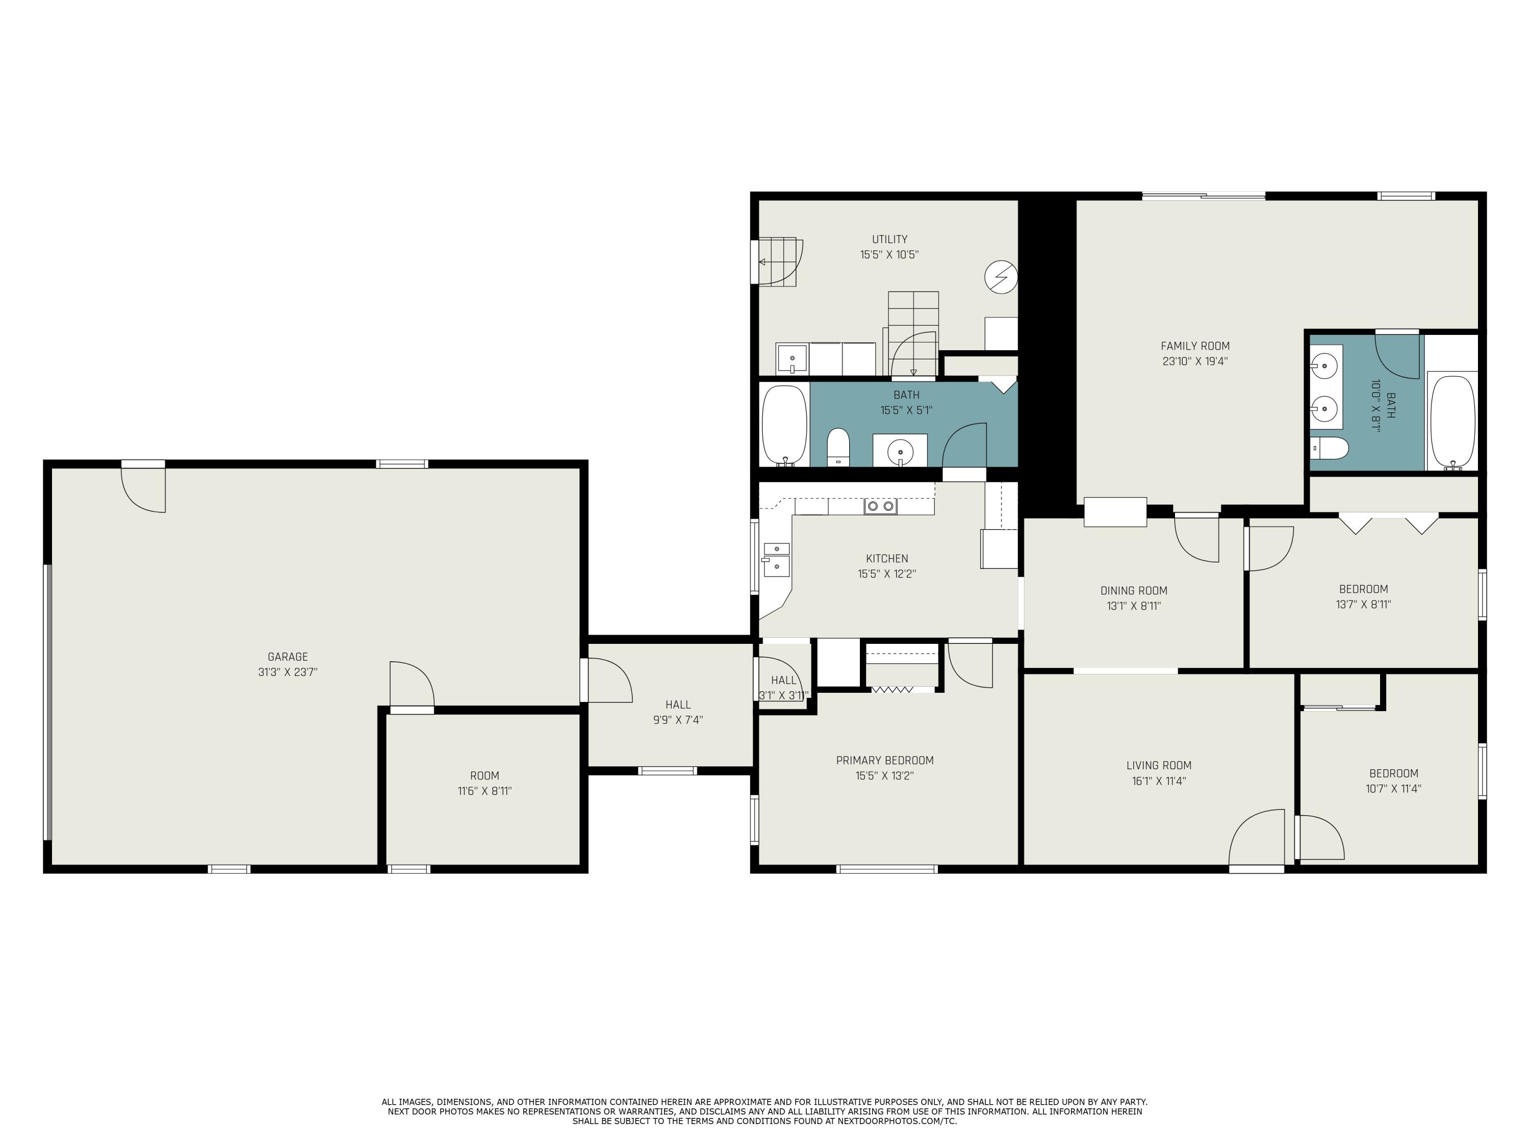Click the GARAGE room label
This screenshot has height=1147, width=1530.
288,657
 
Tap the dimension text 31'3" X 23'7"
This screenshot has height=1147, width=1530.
288,672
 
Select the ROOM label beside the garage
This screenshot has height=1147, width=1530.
484,776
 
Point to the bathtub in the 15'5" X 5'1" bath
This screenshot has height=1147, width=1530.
784,425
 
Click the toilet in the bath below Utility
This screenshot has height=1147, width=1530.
838,447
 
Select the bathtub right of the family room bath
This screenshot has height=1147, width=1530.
1452,422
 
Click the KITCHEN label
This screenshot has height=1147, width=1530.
887,559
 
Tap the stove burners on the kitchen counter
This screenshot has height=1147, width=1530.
880,507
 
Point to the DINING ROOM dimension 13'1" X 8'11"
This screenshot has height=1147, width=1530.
1134,606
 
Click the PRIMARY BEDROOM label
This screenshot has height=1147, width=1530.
885,761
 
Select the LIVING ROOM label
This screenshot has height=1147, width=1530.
1159,765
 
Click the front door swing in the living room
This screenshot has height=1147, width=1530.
1256,838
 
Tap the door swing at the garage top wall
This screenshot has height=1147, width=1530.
144,489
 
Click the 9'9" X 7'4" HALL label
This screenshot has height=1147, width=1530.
678,705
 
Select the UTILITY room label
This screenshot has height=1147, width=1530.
889,239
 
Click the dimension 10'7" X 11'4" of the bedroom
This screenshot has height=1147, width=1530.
1393,789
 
